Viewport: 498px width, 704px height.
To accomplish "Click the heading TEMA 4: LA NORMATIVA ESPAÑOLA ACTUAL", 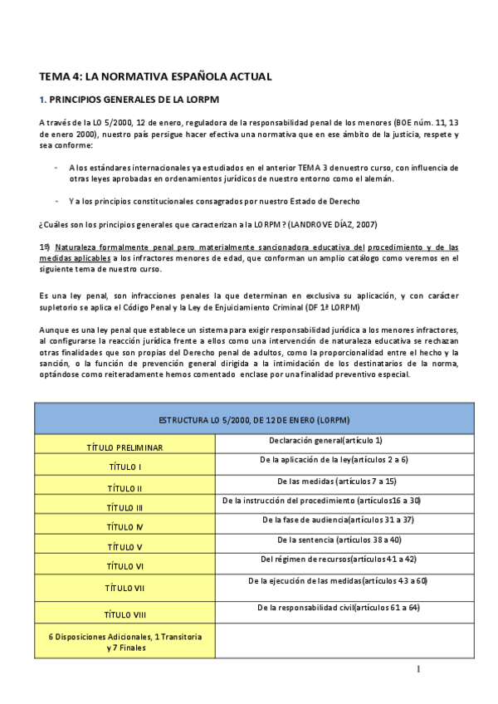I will (155, 77).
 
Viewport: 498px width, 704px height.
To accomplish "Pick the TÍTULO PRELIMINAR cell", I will (124, 447).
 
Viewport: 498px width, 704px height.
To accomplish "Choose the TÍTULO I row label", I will (124, 467).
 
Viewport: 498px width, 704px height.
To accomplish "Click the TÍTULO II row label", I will (124, 488).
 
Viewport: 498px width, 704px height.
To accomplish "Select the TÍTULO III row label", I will (124, 507).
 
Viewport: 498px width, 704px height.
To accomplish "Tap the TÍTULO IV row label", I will (124, 527).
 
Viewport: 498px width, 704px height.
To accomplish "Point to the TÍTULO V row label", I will (124, 547).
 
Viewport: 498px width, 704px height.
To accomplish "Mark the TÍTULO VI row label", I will (124, 566).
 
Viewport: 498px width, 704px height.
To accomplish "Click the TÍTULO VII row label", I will (124, 588).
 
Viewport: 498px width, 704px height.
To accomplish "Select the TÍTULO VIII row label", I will (124, 615).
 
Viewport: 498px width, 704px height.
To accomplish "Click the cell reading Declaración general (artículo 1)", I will (325, 440).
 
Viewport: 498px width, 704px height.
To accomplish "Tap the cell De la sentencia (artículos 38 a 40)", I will (343, 540).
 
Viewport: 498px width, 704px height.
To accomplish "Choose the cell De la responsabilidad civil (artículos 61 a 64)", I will (339, 608).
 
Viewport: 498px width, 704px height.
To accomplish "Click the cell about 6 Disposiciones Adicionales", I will (124, 642).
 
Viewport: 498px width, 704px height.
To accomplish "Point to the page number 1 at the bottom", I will (419, 669).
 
